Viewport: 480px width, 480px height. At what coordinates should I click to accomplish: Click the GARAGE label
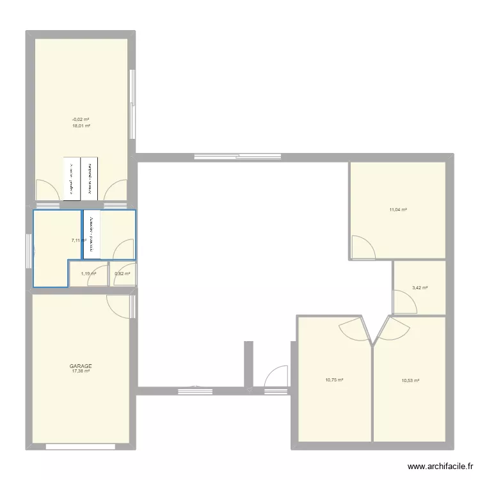tap(81, 366)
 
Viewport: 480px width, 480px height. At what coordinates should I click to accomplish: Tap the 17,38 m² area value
tap(81, 371)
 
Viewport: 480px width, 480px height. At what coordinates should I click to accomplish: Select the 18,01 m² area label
tap(81, 126)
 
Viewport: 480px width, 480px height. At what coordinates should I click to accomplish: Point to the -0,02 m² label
tap(81, 120)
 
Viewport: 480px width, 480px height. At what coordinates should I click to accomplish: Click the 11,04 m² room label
tap(398, 209)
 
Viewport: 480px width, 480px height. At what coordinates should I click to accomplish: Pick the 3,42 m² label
tap(419, 288)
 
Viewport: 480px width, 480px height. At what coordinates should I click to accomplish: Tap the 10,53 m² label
tap(410, 381)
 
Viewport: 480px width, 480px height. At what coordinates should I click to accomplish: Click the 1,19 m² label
tap(88, 274)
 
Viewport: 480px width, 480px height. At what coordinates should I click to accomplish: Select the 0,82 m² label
tap(122, 274)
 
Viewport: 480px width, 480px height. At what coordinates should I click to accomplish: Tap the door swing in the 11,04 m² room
tap(364, 247)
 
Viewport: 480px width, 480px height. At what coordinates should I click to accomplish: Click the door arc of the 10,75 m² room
tap(352, 330)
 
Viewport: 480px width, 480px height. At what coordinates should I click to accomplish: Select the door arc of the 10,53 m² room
tap(394, 330)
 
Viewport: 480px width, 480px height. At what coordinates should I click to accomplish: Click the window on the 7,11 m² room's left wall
tap(29, 251)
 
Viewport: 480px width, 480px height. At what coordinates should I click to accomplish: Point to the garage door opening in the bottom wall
tap(81, 445)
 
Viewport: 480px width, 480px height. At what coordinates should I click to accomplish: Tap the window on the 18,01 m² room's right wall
tap(132, 104)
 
